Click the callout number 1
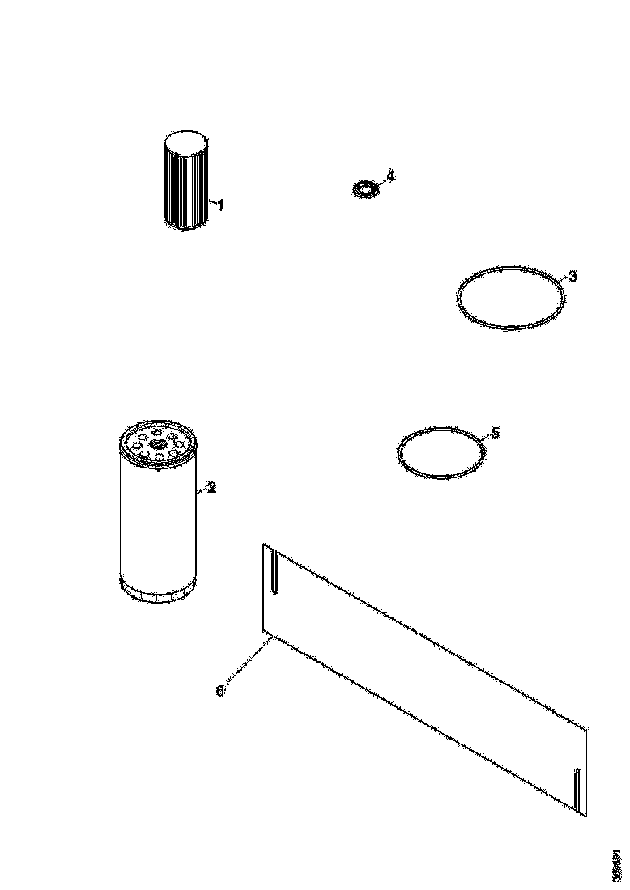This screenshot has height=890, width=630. [x=220, y=206]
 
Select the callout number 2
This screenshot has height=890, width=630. [x=211, y=487]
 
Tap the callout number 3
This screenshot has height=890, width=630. [x=573, y=277]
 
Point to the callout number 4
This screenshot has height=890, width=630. [x=390, y=176]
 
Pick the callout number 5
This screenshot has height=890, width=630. [x=496, y=433]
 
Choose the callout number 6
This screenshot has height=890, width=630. [x=219, y=690]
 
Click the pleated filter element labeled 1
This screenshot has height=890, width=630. [x=185, y=182]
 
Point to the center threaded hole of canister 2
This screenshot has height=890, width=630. [x=157, y=443]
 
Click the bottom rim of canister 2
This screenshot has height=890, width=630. [x=157, y=595]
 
